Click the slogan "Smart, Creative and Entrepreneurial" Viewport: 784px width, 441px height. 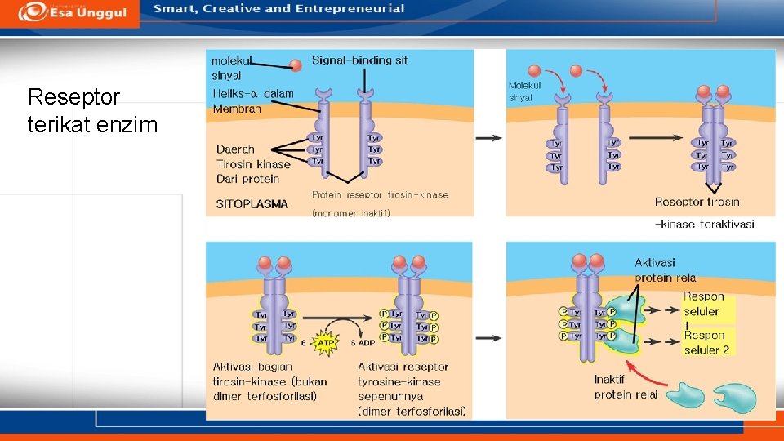279,9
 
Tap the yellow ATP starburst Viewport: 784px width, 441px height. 326,343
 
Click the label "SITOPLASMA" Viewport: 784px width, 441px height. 252,204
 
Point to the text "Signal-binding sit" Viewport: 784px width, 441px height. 359,60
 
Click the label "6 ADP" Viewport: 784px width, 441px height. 363,344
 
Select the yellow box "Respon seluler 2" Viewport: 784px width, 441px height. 706,342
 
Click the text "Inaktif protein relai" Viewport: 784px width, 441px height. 626,387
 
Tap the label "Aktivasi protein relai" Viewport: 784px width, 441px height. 666,269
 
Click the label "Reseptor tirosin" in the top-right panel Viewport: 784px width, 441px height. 697,202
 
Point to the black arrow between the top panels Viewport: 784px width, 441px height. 488,138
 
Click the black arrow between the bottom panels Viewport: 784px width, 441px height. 488,336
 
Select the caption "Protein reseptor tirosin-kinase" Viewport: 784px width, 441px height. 380,195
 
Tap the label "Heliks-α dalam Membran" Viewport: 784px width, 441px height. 253,101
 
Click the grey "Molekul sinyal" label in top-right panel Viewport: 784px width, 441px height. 524,91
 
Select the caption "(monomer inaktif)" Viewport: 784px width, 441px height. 351,213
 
